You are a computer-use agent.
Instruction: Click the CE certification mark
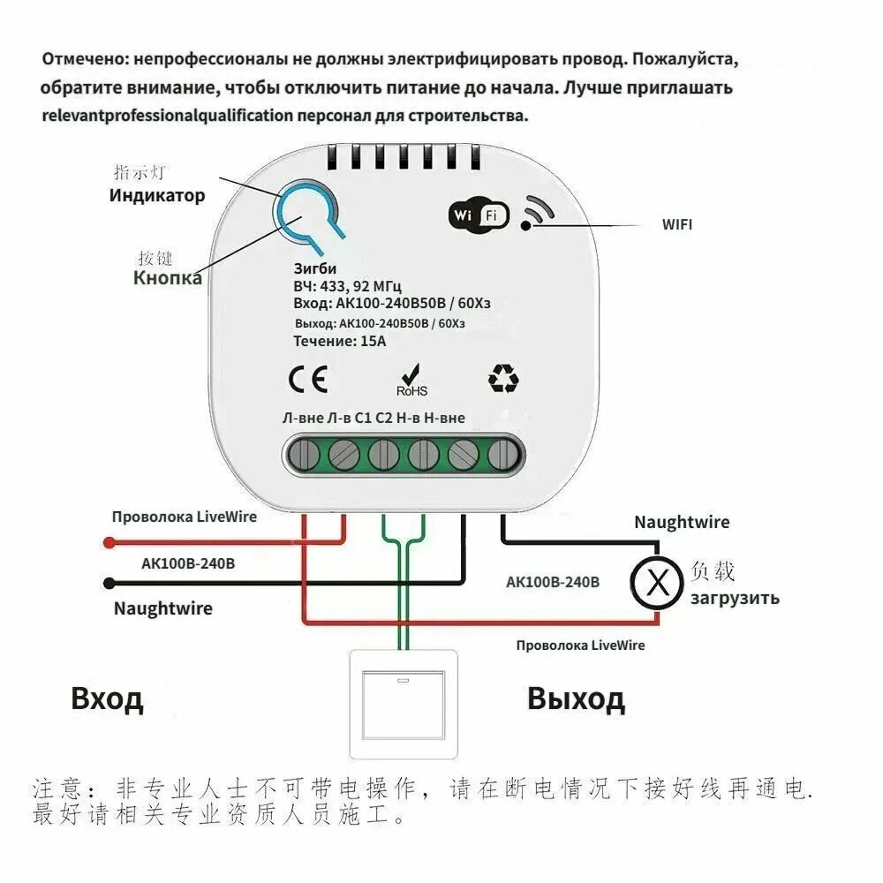click(x=308, y=379)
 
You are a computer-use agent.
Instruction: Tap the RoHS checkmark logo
click(x=411, y=381)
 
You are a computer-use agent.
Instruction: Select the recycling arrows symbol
click(x=503, y=378)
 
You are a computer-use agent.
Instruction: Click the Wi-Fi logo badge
click(x=479, y=215)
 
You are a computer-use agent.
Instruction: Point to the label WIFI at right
click(x=677, y=224)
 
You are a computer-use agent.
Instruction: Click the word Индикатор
click(x=157, y=196)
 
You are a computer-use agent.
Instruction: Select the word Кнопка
click(x=167, y=277)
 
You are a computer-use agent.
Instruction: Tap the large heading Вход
click(x=107, y=698)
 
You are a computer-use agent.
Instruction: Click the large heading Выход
click(x=576, y=698)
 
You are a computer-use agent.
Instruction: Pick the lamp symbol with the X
click(x=657, y=582)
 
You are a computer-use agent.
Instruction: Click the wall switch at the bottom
click(x=404, y=705)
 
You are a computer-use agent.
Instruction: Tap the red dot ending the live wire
click(x=109, y=543)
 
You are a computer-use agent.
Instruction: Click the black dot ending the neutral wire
click(x=109, y=584)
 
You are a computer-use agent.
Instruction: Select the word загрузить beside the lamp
click(x=735, y=598)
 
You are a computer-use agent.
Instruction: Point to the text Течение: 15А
click(x=340, y=341)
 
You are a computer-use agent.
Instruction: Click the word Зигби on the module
click(x=315, y=268)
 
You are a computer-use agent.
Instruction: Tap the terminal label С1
click(x=363, y=418)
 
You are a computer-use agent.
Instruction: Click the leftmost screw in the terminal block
click(x=304, y=455)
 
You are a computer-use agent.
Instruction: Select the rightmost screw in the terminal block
click(x=503, y=455)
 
